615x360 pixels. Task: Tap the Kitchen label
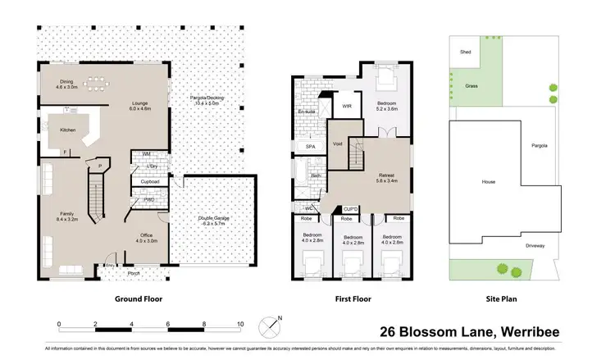(x=68, y=130)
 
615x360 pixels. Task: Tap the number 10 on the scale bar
(x=240, y=325)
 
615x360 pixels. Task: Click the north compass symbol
(x=271, y=327)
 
